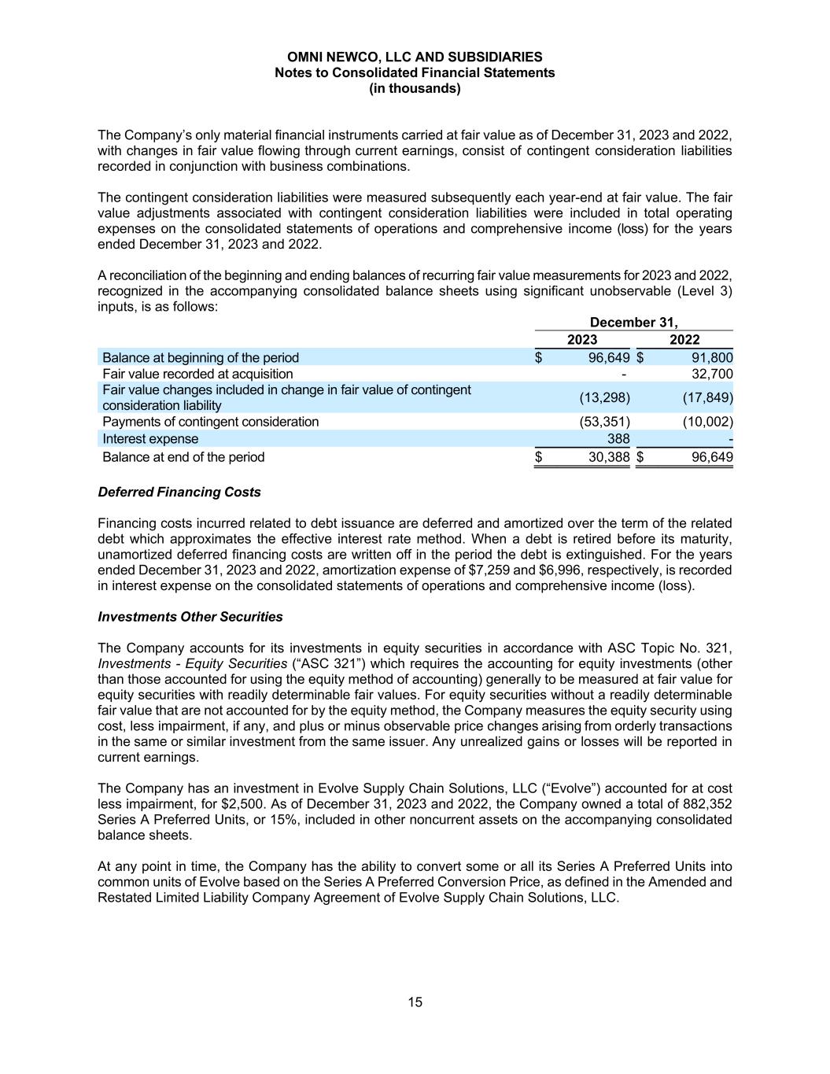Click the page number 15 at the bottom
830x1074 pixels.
(x=415, y=1002)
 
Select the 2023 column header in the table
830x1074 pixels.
(x=582, y=340)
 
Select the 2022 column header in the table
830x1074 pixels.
(x=684, y=340)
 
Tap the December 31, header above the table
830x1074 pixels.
(x=633, y=322)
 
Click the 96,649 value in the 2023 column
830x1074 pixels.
(x=609, y=357)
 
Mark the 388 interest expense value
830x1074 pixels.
(x=618, y=438)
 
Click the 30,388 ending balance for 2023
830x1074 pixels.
(x=609, y=457)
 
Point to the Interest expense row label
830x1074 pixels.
(x=150, y=438)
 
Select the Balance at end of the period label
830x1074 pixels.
(x=183, y=457)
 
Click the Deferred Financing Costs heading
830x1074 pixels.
(x=179, y=492)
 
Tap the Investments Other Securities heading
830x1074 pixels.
(x=190, y=617)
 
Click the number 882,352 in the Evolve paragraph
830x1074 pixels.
(x=705, y=804)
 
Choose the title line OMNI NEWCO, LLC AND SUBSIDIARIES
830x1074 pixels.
(x=415, y=57)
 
